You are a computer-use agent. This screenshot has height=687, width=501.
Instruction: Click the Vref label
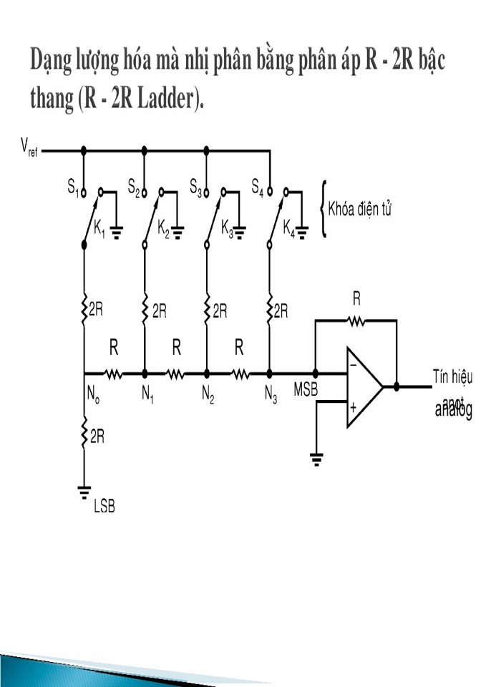[29, 150]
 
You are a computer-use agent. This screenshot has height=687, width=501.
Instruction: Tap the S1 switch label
[73, 187]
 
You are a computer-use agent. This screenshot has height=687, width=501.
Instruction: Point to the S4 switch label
[258, 187]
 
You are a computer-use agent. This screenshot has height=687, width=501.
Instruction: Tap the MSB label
[306, 391]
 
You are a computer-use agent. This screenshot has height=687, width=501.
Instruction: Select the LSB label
[104, 507]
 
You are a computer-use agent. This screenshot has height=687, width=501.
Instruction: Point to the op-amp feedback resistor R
[356, 322]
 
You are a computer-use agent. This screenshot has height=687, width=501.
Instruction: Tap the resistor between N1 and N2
[176, 373]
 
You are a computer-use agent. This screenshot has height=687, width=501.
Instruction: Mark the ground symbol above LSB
[84, 492]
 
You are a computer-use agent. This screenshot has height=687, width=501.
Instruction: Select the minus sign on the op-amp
[353, 364]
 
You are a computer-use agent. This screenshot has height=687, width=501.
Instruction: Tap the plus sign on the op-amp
[353, 407]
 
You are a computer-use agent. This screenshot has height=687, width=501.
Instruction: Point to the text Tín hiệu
[452, 376]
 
